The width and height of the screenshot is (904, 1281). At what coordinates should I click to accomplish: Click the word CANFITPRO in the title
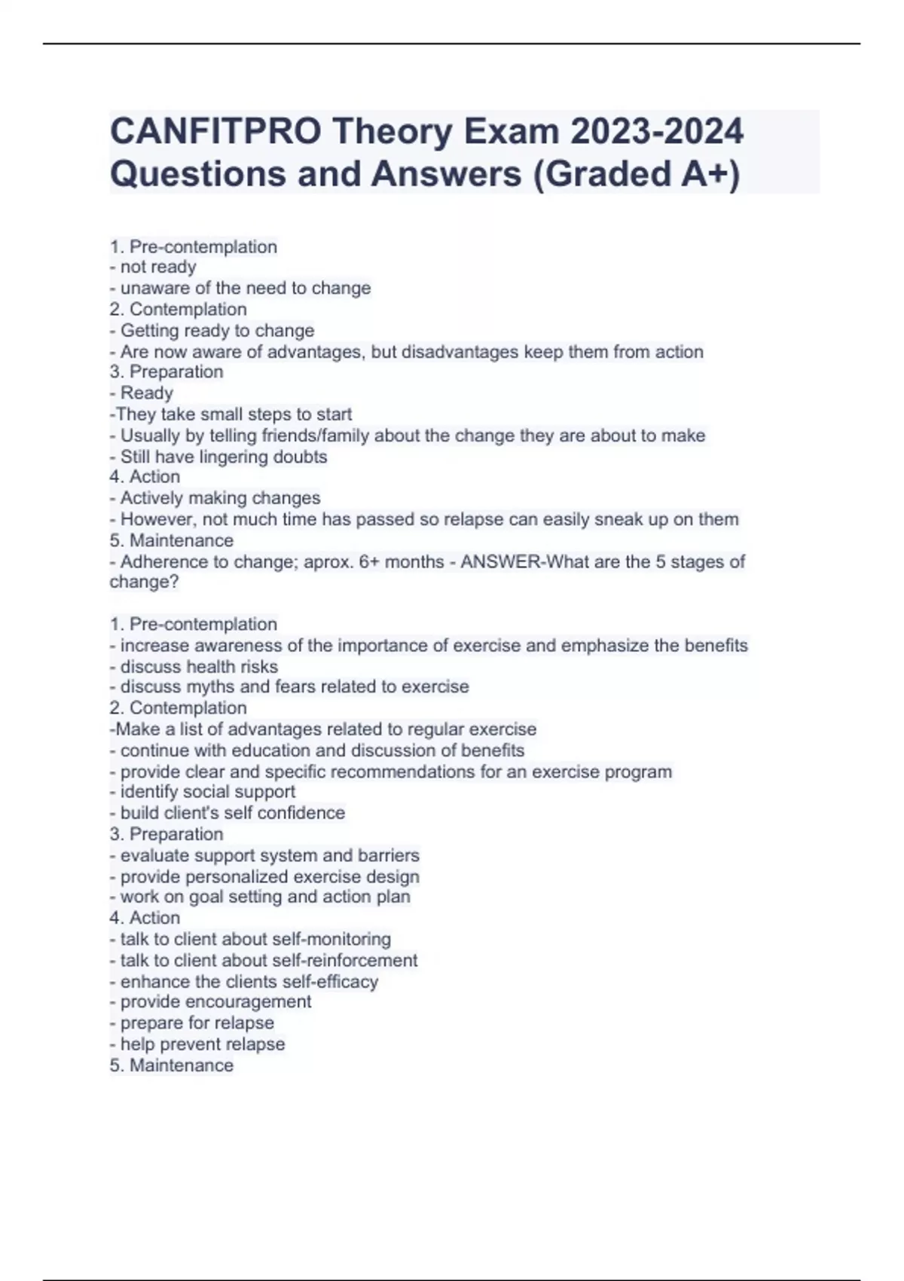pos(215,132)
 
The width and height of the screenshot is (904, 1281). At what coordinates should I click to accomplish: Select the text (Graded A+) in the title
pos(637,174)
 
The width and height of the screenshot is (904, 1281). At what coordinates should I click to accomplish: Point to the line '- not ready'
pos(153,267)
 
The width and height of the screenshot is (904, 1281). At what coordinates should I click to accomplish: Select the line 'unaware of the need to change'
pos(245,288)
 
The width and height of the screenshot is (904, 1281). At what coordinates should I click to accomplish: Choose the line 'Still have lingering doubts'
pos(223,457)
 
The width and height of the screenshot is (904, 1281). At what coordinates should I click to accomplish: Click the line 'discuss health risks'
pos(198,667)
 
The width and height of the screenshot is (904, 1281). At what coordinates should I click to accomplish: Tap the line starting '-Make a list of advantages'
pos(323,729)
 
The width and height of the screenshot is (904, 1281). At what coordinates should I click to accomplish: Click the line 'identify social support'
pos(207,791)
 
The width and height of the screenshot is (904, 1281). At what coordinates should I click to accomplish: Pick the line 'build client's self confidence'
pos(232,812)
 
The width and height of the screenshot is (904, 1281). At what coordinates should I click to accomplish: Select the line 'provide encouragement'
pos(215,1001)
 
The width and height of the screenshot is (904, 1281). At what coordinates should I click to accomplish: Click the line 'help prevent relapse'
pos(202,1044)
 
